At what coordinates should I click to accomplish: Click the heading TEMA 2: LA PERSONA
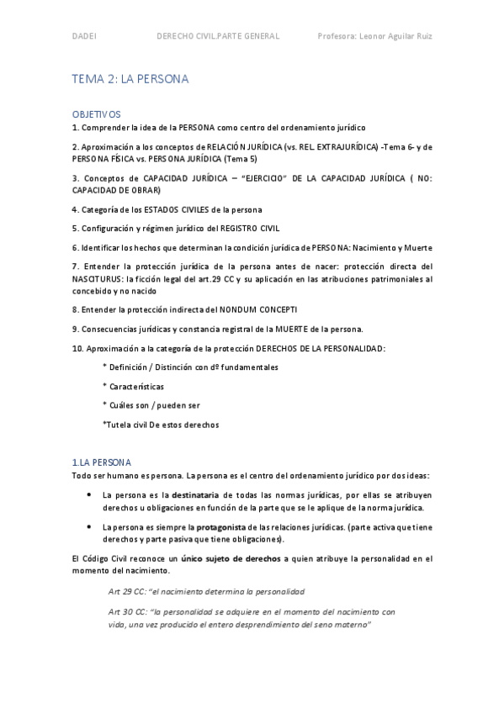[130, 79]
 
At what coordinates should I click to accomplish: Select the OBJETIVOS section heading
[97, 114]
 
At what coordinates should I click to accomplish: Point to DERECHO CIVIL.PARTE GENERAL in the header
[219, 36]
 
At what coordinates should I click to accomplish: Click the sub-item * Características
[133, 386]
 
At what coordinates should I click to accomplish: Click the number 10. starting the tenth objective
[78, 348]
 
